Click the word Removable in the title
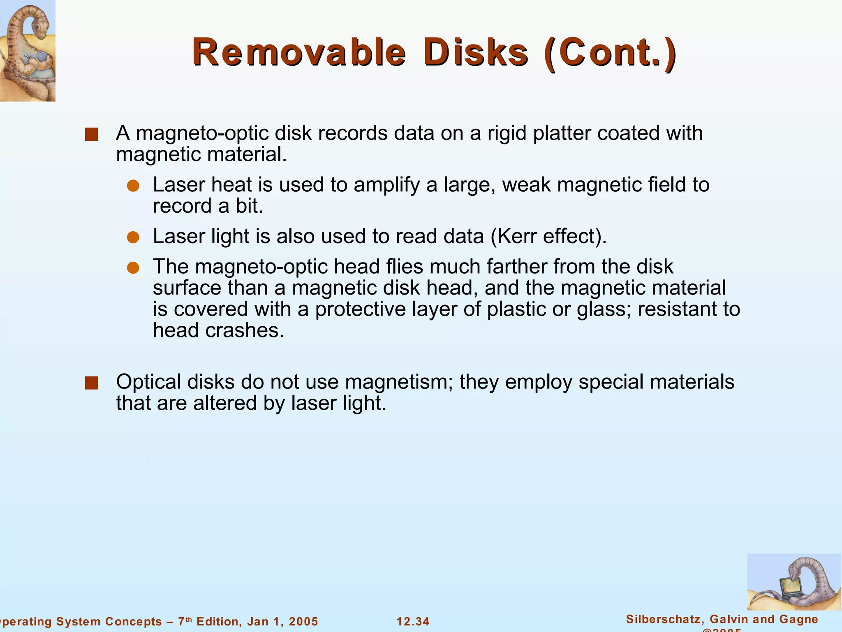(299, 52)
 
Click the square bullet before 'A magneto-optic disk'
(91, 135)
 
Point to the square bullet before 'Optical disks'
(91, 383)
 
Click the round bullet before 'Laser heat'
(133, 186)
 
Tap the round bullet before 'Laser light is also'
(133, 237)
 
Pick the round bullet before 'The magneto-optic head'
(133, 268)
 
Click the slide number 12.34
(413, 621)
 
